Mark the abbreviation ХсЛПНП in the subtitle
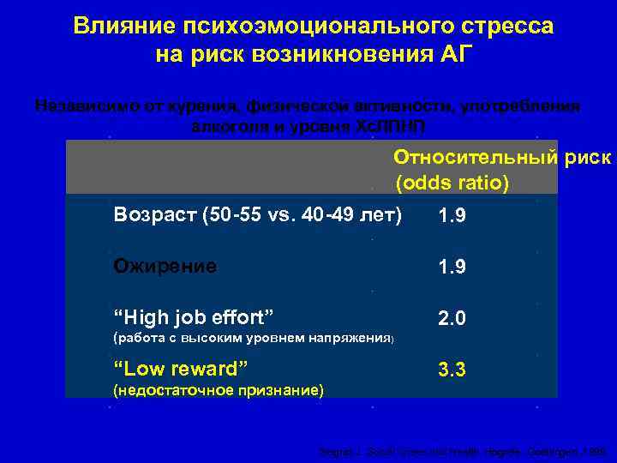coord(390,125)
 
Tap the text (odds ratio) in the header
coord(452,183)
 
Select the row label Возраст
coord(154,214)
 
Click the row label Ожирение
coord(165,266)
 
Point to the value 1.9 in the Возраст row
coord(452,216)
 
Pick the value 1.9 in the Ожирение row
coord(452,268)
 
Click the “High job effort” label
coord(194,317)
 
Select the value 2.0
coord(452,319)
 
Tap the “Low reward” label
coord(181,369)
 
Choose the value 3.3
coord(452,370)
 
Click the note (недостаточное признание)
coord(219,390)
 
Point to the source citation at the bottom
coord(462,451)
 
